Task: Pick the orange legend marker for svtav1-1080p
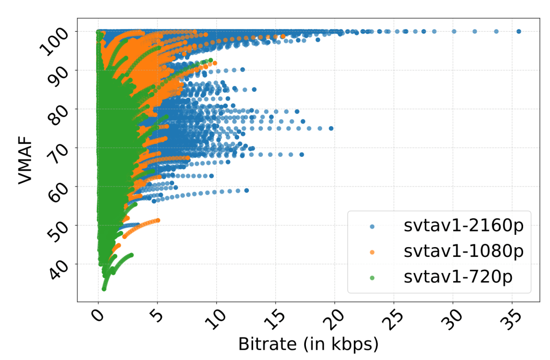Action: [373, 251]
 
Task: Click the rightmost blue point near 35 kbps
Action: [519, 32]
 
